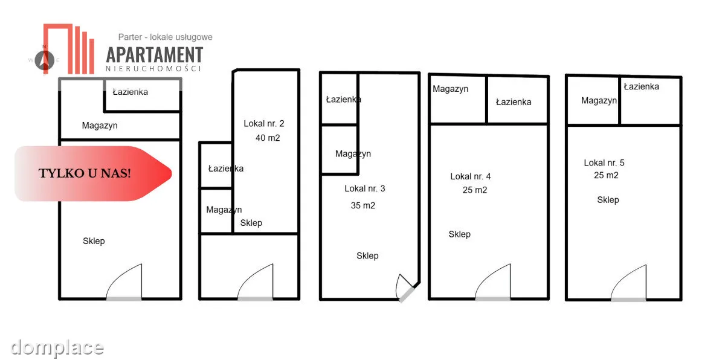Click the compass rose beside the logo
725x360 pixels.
point(44,60)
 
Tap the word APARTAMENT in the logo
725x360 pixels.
point(155,54)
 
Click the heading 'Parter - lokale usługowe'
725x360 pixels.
point(165,37)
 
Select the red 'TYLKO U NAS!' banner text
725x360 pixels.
point(85,173)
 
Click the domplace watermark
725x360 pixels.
point(57,348)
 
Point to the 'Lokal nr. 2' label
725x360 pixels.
point(264,124)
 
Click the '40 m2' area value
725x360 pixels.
point(268,138)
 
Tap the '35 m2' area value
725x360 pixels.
point(363,205)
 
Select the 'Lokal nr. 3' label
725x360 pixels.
point(365,188)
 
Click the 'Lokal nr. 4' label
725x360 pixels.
point(470,176)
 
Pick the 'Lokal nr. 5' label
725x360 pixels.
point(604,162)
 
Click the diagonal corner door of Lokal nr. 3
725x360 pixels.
point(406,289)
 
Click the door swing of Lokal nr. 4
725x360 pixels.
point(492,282)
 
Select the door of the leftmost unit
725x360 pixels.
point(124,282)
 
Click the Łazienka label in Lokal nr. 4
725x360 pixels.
point(514,102)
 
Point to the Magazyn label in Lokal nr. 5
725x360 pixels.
point(599,101)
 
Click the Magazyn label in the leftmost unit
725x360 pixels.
point(100,126)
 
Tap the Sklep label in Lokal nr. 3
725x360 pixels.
point(367,256)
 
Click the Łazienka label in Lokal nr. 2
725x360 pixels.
point(226,169)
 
